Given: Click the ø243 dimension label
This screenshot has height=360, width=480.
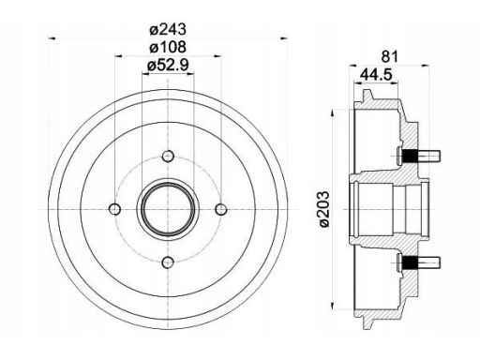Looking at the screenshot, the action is [168, 30].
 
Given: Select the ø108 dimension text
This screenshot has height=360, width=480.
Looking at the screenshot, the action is [168, 47].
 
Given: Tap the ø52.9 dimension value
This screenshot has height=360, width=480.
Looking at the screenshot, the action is [168, 66].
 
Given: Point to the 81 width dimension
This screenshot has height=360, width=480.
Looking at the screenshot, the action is [390, 57].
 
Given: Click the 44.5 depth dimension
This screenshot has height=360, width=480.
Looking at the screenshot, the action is [376, 75].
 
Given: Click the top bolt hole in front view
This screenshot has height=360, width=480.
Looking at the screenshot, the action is [168, 156].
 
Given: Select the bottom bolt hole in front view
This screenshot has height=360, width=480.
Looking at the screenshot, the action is [168, 262].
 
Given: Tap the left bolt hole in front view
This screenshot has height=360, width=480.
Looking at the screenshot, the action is [115, 209].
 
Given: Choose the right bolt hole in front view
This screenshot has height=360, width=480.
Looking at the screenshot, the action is [221, 209].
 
